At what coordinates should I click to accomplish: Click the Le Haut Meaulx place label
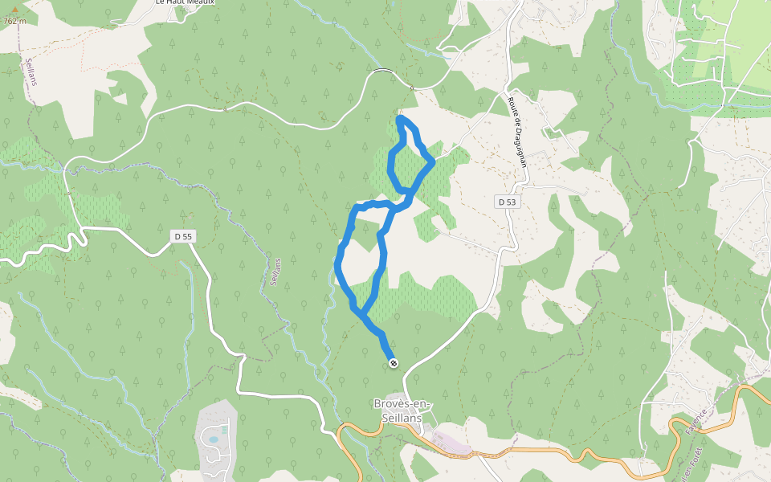(186, 3)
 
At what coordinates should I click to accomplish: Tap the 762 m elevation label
(14, 22)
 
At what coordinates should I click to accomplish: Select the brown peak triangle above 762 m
(14, 11)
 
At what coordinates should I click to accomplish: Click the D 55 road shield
(182, 236)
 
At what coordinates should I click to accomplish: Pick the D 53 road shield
(506, 202)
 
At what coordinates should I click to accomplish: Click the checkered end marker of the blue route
(394, 363)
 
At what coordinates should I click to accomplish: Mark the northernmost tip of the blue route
(401, 119)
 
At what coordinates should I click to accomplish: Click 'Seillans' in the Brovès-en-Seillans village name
(402, 418)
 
